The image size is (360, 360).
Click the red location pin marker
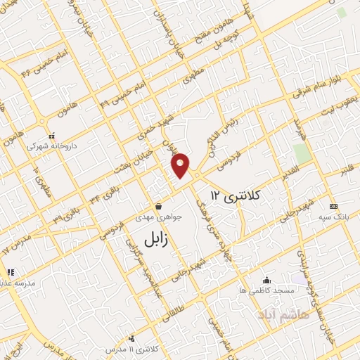point(181,165)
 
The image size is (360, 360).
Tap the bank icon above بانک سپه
point(333,207)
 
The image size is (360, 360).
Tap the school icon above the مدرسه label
point(10,272)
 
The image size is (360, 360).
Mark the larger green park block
point(302,153)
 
